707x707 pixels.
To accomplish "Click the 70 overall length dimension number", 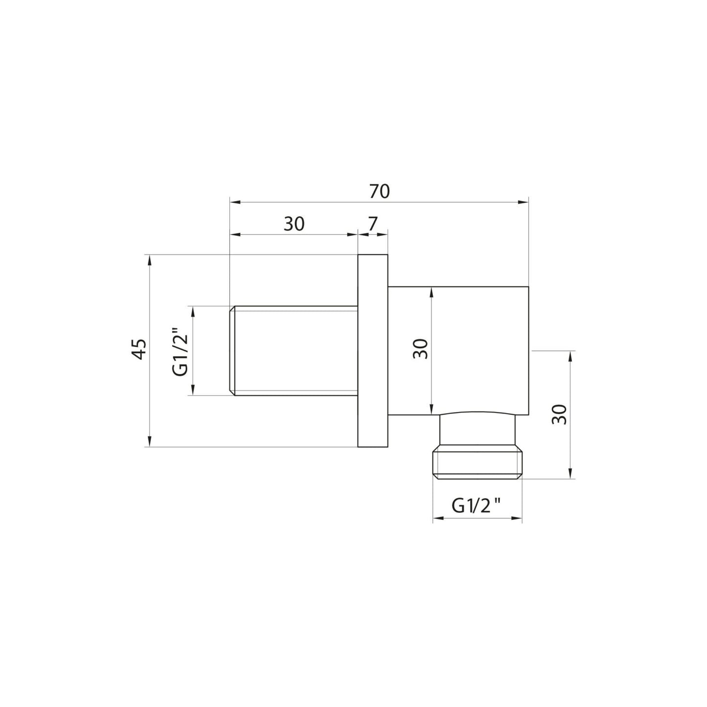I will (x=379, y=191).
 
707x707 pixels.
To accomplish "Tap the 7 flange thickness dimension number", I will (x=372, y=224).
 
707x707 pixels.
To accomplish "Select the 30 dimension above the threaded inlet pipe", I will (x=294, y=224).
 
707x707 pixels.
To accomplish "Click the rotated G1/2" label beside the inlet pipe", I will (x=181, y=350).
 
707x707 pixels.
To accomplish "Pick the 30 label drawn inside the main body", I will (x=420, y=349).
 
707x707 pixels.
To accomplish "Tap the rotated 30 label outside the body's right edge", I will (x=559, y=414).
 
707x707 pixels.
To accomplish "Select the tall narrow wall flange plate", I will (x=373, y=350).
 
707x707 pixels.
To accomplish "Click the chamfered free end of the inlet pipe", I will (x=233, y=350).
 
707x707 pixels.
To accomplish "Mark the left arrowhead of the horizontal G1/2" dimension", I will (x=437, y=518).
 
